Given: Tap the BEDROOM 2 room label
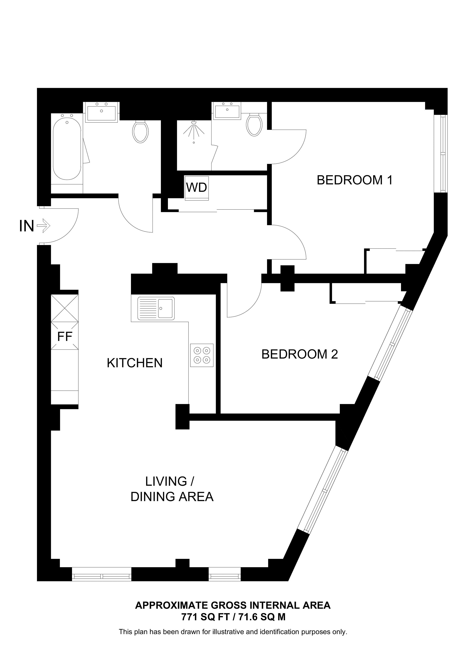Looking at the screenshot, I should click(x=300, y=354).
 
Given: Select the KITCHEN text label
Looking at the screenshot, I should click(x=135, y=363).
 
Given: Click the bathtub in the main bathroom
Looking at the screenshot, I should click(x=67, y=147).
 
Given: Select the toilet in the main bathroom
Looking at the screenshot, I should click(x=140, y=132).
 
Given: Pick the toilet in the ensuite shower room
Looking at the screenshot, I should click(x=254, y=125).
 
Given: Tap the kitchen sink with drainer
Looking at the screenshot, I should click(x=156, y=308).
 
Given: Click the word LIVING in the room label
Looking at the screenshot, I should click(x=166, y=481).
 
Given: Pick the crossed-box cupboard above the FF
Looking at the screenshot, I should click(x=65, y=308).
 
